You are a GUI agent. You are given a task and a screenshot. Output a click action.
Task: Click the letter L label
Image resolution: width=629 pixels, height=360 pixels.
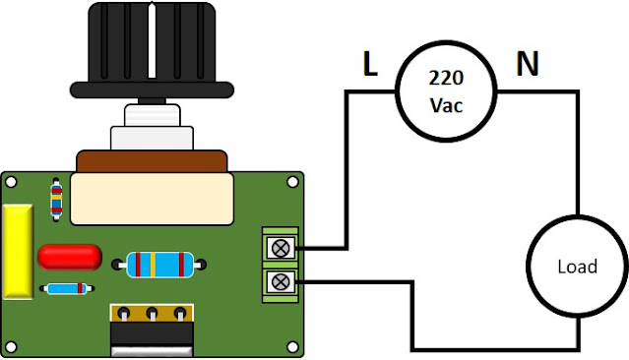click(x=370, y=64)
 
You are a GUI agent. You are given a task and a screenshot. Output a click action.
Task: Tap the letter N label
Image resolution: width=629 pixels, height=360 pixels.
click(x=527, y=63)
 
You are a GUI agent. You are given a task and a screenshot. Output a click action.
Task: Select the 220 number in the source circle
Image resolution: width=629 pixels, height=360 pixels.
click(x=446, y=78)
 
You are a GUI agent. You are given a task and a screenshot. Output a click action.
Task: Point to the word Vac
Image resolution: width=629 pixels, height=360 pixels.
click(x=446, y=105)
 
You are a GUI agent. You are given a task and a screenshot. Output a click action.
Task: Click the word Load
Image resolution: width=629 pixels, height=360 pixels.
click(x=577, y=267)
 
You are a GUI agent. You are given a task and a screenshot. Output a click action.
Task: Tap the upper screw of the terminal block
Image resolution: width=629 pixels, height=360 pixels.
click(x=281, y=248)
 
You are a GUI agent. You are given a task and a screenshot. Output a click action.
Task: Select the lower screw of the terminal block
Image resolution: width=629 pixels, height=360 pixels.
click(x=281, y=282)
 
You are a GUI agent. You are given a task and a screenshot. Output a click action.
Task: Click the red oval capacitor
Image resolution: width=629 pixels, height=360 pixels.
click(x=70, y=257)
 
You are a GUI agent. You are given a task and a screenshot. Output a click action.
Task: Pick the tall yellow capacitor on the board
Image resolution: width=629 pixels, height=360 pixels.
click(x=18, y=252)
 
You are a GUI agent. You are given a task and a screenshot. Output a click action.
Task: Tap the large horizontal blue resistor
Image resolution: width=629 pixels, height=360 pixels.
click(x=160, y=265)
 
